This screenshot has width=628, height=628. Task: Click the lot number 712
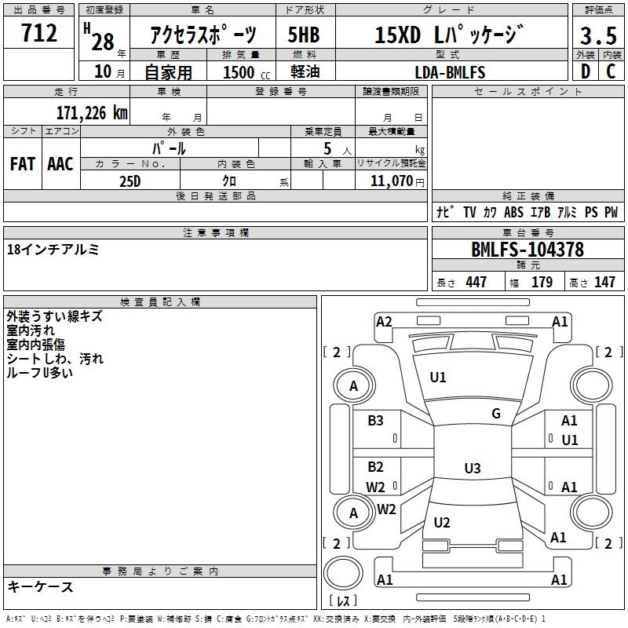click(39, 34)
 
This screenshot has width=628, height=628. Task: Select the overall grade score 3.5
click(597, 35)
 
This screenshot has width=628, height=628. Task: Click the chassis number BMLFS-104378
click(528, 250)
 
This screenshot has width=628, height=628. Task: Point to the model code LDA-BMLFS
click(451, 73)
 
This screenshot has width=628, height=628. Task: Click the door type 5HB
click(305, 35)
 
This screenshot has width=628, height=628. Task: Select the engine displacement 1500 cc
click(244, 73)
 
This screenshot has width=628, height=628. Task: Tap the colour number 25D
click(130, 181)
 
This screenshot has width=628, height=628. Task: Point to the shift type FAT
click(22, 164)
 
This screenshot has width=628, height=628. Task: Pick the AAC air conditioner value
click(60, 164)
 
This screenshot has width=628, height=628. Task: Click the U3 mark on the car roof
click(472, 469)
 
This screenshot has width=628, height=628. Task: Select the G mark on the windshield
click(496, 414)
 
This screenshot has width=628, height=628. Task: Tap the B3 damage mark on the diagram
click(376, 421)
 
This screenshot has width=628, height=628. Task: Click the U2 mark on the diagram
click(442, 522)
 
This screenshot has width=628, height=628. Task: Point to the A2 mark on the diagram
click(384, 321)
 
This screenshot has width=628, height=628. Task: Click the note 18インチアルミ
click(53, 250)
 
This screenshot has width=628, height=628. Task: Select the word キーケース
click(41, 586)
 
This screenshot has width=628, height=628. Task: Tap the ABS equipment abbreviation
click(513, 212)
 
